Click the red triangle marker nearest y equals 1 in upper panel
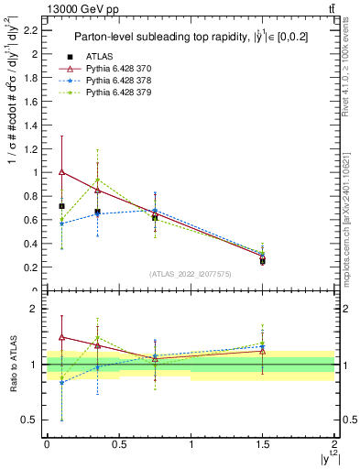point(61,171)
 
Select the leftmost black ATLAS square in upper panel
point(61,206)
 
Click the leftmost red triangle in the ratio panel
point(61,337)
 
